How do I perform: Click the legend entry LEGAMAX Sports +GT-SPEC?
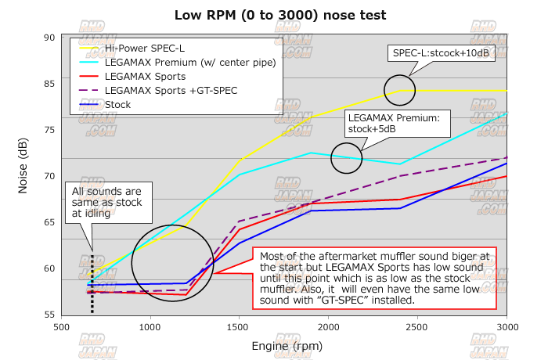click(164, 90)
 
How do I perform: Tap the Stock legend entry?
click(117, 103)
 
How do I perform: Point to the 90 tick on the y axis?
click(49, 38)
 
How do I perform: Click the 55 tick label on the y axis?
click(49, 315)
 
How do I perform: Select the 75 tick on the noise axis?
click(49, 130)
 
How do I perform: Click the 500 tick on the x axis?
click(63, 329)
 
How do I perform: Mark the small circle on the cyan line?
click(347, 158)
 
